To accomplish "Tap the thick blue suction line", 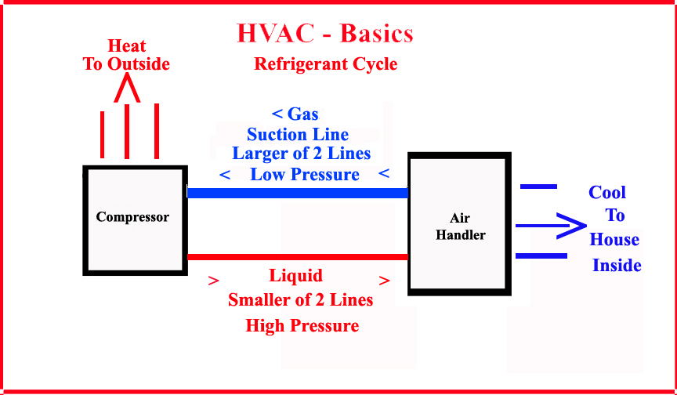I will tap(298, 193).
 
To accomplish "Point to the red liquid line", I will tap(298, 257).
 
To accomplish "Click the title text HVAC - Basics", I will tap(325, 34).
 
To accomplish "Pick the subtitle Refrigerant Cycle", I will tap(325, 64).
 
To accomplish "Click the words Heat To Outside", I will tap(126, 55).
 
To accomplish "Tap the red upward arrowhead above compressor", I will tap(126, 89).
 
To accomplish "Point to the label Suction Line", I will tap(298, 134).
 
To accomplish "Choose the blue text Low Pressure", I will tap(304, 174).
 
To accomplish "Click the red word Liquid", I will tap(295, 276).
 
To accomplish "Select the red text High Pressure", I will tap(302, 325).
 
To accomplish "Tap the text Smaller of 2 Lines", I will tap(300, 299).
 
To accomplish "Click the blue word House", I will tap(614, 240).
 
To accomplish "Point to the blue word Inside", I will tap(617, 265).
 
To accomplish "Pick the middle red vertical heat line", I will tap(127, 132).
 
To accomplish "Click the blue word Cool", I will tap(607, 193).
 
